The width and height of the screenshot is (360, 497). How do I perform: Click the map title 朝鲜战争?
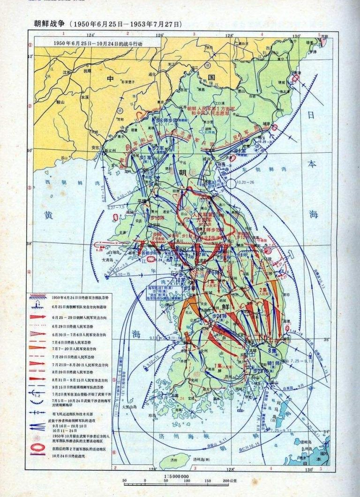(49, 23)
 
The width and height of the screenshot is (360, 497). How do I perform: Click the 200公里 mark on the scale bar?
(230, 481)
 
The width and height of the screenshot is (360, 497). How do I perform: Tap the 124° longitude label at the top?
(90, 35)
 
